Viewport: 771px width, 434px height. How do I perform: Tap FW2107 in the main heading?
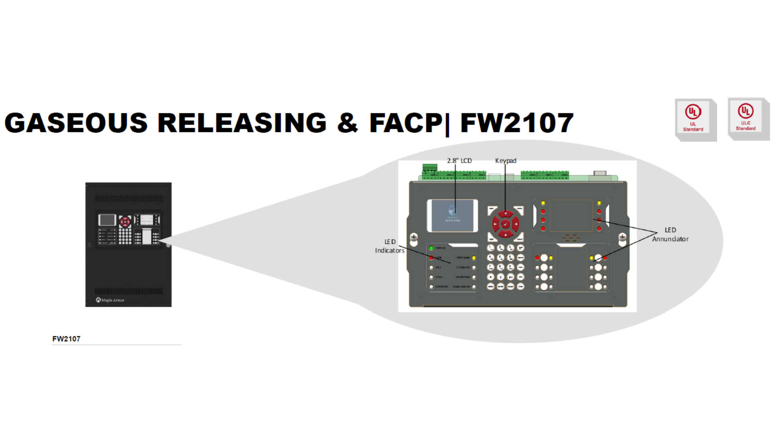point(517,123)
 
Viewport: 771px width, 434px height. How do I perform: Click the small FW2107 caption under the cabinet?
point(66,339)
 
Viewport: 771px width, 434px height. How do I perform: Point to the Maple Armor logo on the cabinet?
point(110,300)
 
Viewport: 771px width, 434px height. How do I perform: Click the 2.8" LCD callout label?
point(459,161)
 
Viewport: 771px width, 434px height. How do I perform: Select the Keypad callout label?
point(506,161)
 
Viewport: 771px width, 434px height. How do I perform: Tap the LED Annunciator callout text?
point(670,235)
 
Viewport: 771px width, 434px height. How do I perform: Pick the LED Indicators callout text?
point(390,246)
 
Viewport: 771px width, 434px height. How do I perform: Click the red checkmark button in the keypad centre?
point(506,224)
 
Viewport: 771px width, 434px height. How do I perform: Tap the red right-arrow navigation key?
point(516,224)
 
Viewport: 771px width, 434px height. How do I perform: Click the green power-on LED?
point(431,248)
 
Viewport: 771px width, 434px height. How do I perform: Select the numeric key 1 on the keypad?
point(491,248)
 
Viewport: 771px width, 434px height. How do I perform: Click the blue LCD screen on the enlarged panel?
point(452,216)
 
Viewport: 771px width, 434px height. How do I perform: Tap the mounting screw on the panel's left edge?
point(414,237)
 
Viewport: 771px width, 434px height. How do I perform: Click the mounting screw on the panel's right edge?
point(622,237)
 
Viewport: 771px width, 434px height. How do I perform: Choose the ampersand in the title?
point(347,123)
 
